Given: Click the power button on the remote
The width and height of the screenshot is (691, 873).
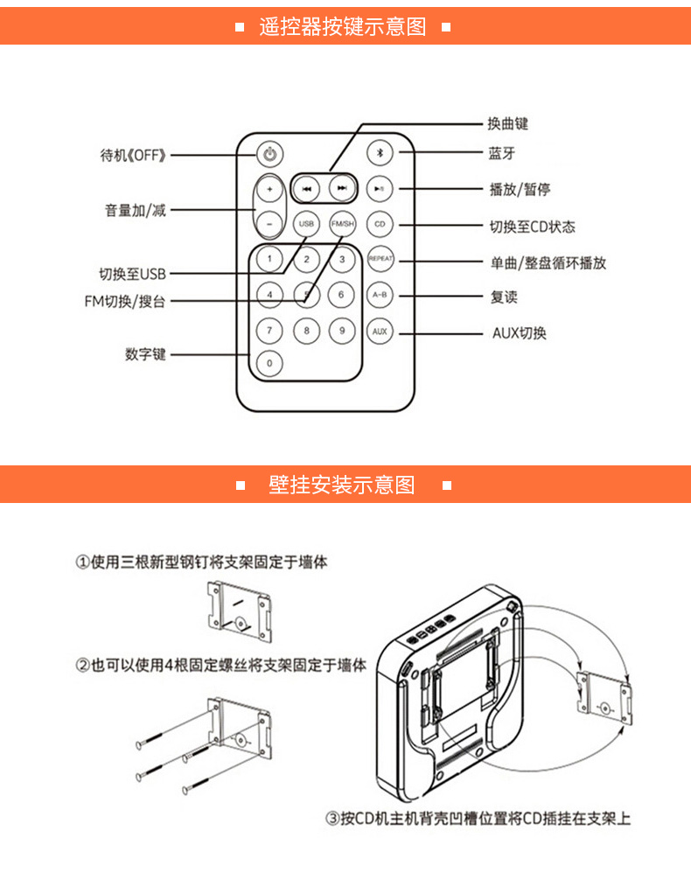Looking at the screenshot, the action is pyautogui.click(x=270, y=155).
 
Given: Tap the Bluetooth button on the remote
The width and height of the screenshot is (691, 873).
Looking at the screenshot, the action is pyautogui.click(x=380, y=153).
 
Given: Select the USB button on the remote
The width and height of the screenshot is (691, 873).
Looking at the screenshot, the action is pyautogui.click(x=306, y=225).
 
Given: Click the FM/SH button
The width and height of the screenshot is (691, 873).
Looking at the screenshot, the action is pyautogui.click(x=343, y=225).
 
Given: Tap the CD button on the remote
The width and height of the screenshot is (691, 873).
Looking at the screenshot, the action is pyautogui.click(x=380, y=225).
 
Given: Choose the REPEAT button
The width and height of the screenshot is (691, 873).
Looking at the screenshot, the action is pyautogui.click(x=380, y=260).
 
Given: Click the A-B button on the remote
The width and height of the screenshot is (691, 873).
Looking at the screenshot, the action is pyautogui.click(x=380, y=296).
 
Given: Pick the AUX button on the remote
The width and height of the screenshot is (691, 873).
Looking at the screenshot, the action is pyautogui.click(x=380, y=332).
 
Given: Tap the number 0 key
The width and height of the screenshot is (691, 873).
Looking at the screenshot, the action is pyautogui.click(x=269, y=363).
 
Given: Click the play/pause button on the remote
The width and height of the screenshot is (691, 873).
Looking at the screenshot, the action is pyautogui.click(x=380, y=189).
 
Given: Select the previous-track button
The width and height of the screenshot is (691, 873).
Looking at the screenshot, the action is pyautogui.click(x=306, y=189).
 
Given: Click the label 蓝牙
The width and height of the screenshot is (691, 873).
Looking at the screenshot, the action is pyautogui.click(x=502, y=153).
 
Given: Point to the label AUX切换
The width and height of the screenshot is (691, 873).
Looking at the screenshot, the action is pyautogui.click(x=520, y=333).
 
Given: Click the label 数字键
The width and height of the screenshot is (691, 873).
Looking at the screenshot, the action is pyautogui.click(x=145, y=355).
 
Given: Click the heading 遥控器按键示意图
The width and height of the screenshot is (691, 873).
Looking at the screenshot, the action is pyautogui.click(x=343, y=26).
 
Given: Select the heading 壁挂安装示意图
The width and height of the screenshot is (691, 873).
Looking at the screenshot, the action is pyautogui.click(x=342, y=484).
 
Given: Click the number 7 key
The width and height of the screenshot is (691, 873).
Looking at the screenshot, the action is pyautogui.click(x=269, y=331).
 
